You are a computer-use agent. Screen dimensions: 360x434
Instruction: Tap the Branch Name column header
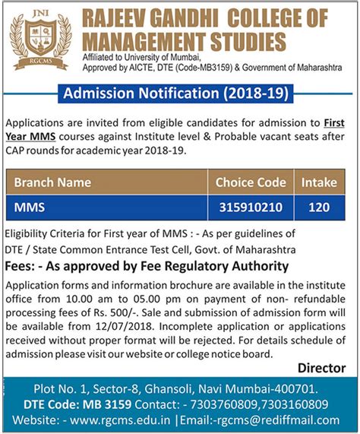(x=52, y=182)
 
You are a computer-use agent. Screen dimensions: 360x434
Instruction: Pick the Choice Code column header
(x=251, y=182)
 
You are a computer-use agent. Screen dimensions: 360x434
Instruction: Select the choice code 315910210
(x=251, y=206)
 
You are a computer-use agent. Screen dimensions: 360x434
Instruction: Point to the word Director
(x=321, y=368)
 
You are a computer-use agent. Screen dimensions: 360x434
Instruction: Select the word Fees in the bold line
(x=21, y=266)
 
